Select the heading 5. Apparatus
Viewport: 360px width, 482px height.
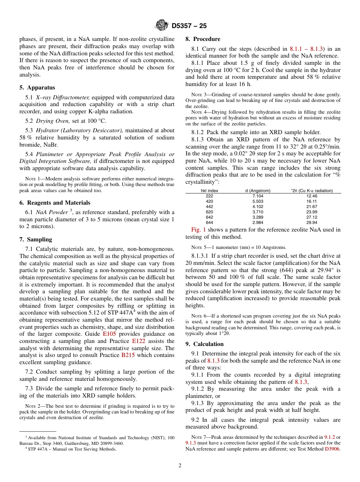pos(37,88)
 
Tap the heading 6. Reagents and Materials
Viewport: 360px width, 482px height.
pos(55,203)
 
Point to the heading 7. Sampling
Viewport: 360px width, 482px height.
pos(36,239)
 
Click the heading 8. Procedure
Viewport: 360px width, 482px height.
pos(203,39)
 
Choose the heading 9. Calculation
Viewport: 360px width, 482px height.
pos(204,344)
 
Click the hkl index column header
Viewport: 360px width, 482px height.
pos(209,191)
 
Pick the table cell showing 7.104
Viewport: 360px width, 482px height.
pos(258,196)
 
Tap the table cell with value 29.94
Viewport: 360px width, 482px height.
pos(311,222)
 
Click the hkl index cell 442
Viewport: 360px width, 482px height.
pos(209,207)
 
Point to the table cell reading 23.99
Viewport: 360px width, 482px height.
pos(311,212)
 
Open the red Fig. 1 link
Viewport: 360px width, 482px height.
pos(198,230)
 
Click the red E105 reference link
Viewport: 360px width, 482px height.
pos(109,334)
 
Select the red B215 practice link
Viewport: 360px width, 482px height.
pos(127,355)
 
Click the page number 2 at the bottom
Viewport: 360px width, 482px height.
pos(180,466)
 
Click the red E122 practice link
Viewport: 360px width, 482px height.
pos(138,341)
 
